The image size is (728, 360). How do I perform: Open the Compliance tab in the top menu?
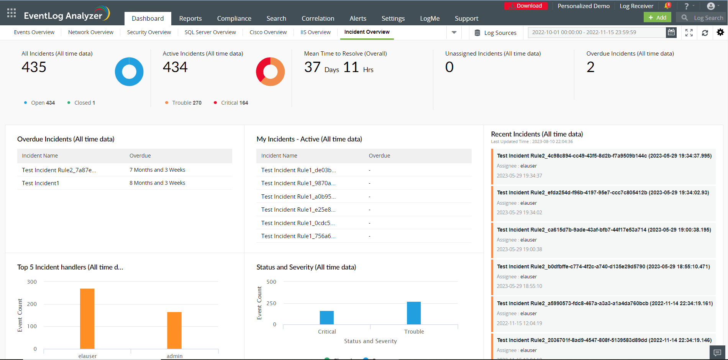coord(234,18)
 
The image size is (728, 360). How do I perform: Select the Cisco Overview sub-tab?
coord(268,32)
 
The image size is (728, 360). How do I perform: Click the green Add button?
coord(657,18)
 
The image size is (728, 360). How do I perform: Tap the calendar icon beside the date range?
coord(671,33)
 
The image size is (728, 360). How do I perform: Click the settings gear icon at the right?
coord(720,33)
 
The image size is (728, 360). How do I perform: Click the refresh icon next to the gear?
coord(705,33)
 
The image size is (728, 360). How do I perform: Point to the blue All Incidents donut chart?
coord(129,72)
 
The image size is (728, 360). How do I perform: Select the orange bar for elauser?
coord(87,318)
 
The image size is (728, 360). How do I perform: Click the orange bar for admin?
coord(174,330)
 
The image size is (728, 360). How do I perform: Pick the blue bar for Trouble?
coord(414,313)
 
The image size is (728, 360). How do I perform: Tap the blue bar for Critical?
coord(327,317)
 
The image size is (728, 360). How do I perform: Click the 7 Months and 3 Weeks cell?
coord(157,170)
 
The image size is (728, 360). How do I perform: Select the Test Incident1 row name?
coord(41,183)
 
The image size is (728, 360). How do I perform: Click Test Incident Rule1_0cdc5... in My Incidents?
coord(298,223)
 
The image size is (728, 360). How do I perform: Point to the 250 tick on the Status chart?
coord(271,303)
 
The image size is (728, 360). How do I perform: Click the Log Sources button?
coord(495,33)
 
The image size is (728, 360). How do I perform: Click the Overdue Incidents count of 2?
coord(590,67)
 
